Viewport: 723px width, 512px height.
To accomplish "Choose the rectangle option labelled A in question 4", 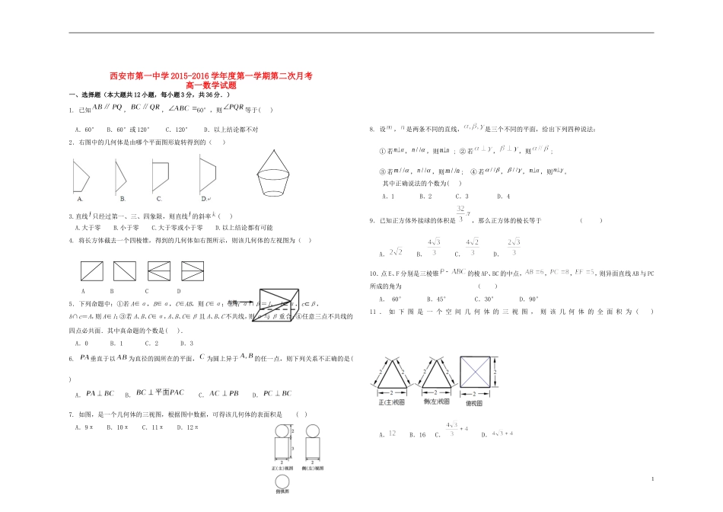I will pos(92,271).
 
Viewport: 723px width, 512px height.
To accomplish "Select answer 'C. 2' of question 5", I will pos(151,343).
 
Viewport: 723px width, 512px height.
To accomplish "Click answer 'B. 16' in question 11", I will pos(417,434).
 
